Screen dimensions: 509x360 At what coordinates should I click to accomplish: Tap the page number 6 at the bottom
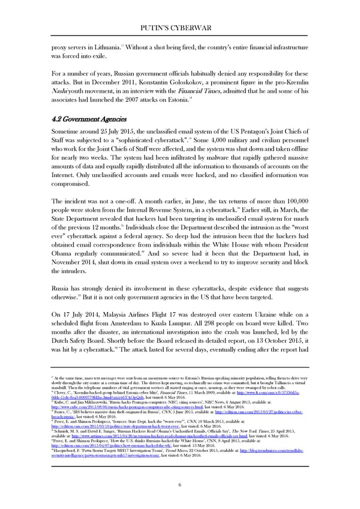[x=179, y=484]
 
